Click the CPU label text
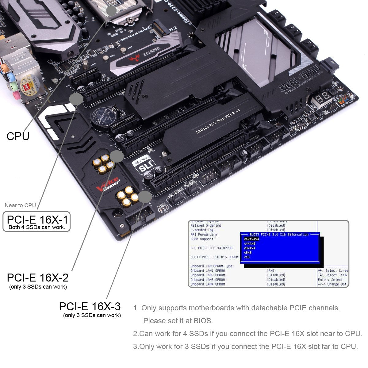click(x=18, y=136)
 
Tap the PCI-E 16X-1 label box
click(x=36, y=221)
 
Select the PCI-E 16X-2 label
click(x=38, y=278)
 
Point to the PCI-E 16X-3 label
click(x=90, y=306)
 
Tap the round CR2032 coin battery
click(x=103, y=118)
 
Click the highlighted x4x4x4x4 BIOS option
click(x=251, y=239)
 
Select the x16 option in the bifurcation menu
click(x=247, y=257)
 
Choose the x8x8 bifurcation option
click(x=248, y=253)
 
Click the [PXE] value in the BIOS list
click(x=271, y=271)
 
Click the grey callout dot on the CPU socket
click(x=111, y=10)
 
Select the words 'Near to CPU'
click(x=20, y=205)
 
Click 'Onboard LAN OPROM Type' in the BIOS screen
click(x=211, y=266)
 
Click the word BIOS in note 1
click(x=202, y=321)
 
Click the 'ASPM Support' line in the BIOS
click(x=201, y=239)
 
